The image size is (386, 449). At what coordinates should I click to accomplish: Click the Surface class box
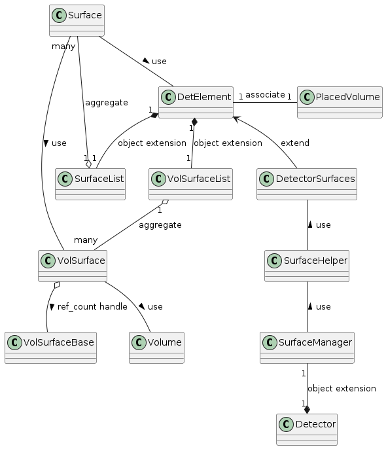(77, 21)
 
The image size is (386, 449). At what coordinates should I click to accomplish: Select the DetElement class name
(203, 97)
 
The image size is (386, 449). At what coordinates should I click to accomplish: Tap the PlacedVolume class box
(340, 103)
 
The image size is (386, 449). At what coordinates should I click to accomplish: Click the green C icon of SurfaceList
(65, 179)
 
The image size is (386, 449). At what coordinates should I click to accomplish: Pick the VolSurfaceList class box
(190, 184)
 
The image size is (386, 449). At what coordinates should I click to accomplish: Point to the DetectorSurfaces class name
(315, 179)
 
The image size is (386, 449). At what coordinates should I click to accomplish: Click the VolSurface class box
(73, 266)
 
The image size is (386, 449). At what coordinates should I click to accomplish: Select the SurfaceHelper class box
(307, 266)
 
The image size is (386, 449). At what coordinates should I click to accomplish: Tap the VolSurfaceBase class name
(58, 342)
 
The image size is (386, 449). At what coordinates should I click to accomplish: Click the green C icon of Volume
(139, 343)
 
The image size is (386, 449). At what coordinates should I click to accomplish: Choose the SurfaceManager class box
(307, 348)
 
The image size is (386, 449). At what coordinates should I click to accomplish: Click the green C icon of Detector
(286, 424)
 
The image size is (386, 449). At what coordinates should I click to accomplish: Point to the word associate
(265, 95)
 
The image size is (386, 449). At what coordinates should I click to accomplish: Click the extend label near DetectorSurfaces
(295, 143)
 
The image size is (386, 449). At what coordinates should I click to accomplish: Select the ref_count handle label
(92, 307)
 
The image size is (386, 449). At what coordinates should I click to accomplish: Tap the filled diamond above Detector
(307, 410)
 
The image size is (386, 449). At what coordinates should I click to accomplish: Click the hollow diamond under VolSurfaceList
(165, 202)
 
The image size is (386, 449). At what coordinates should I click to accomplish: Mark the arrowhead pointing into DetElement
(236, 119)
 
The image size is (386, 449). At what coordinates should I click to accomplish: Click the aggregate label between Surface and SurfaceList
(107, 103)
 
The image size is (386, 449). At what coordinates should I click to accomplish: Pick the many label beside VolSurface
(86, 240)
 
